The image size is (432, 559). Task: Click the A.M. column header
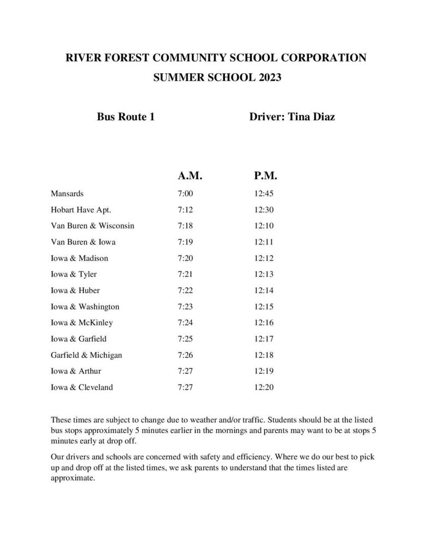[x=190, y=176]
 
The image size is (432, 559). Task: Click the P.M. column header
[x=265, y=176]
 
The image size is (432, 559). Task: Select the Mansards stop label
[x=67, y=193]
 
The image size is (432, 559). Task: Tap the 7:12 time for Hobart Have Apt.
[x=186, y=210]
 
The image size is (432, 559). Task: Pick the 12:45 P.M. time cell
[x=264, y=193]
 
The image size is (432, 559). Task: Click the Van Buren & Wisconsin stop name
[x=92, y=225]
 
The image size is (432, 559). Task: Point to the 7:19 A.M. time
[x=186, y=242]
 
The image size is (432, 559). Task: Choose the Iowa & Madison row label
[x=79, y=258]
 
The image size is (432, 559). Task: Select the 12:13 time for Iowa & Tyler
[x=264, y=274]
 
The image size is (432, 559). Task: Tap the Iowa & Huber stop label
[x=75, y=290]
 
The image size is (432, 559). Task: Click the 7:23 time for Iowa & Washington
[x=186, y=307]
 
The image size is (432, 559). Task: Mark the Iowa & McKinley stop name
[x=82, y=323]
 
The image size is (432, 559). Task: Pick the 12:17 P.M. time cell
[x=264, y=339]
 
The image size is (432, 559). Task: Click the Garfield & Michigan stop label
[x=86, y=355]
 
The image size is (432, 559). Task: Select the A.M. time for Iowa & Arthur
[x=186, y=371]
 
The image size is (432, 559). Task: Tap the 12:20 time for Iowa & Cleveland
[x=264, y=388]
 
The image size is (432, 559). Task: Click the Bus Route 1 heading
[x=126, y=116]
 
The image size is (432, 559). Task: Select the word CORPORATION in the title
[x=324, y=57]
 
